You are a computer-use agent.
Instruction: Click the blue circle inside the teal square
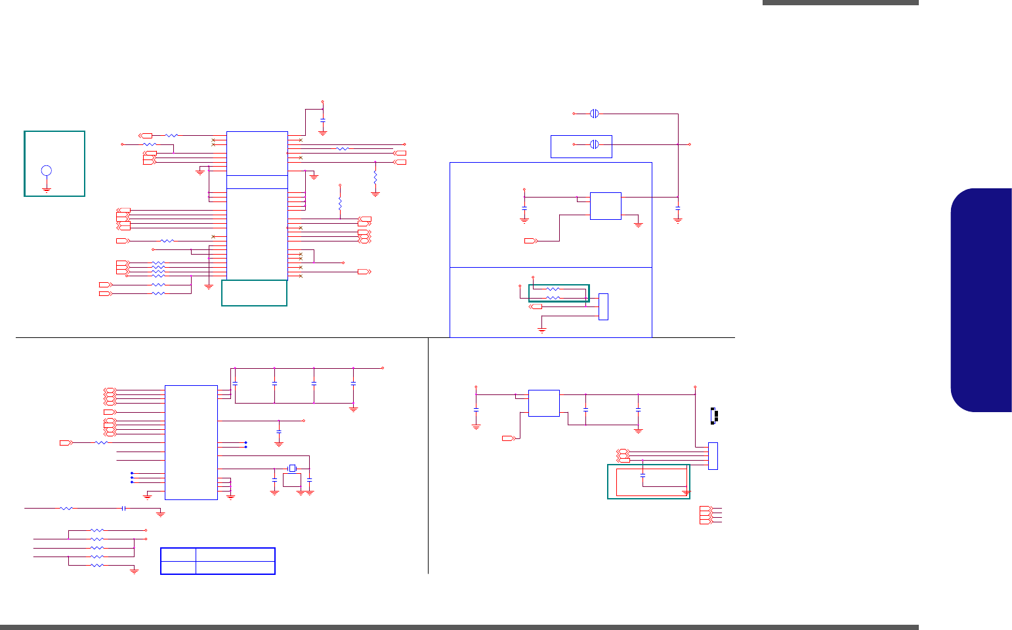click(47, 171)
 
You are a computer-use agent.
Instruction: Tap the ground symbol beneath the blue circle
click(47, 188)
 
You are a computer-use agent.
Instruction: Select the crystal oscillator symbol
click(292, 468)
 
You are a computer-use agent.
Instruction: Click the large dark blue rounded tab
click(981, 300)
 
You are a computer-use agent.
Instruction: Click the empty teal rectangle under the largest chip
click(254, 293)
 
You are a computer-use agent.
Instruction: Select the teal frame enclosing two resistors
click(559, 293)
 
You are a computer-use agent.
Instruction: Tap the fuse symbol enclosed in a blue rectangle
click(594, 144)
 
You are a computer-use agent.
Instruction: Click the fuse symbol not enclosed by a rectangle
click(594, 114)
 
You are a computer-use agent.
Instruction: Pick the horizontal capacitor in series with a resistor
click(123, 508)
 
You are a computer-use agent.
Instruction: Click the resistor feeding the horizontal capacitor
click(66, 508)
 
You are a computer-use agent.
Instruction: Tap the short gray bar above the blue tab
click(840, 3)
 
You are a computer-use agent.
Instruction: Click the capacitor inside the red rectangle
click(643, 474)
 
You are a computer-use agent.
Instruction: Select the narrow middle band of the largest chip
click(257, 182)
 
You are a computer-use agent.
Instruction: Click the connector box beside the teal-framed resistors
click(603, 306)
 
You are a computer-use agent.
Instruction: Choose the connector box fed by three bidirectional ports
click(713, 456)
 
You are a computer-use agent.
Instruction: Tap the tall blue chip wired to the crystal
click(191, 442)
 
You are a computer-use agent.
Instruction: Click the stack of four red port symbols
click(705, 515)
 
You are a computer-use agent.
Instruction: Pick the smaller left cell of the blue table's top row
click(179, 555)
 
